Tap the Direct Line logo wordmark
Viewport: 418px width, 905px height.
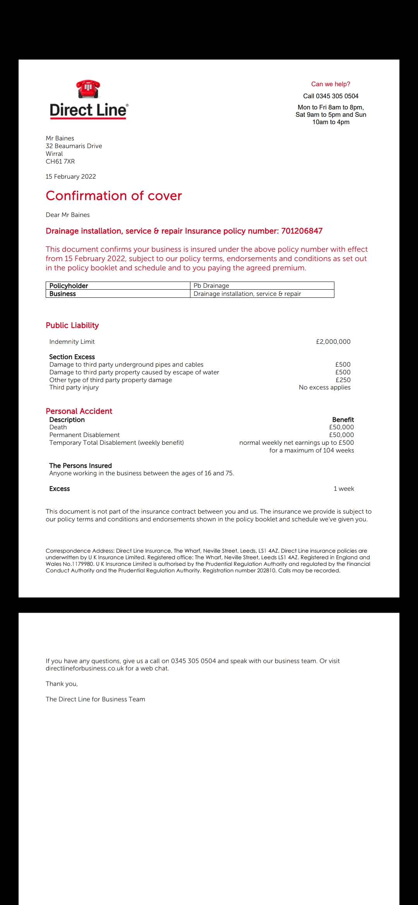89,110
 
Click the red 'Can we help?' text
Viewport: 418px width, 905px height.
331,84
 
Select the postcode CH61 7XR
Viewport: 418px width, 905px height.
60,161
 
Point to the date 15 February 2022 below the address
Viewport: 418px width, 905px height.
71,176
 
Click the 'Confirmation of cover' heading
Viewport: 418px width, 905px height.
114,196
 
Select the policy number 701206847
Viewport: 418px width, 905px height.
302,231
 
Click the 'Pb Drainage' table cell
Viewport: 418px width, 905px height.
211,285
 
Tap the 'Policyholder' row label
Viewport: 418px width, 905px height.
69,285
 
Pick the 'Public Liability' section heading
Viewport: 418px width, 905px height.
72,325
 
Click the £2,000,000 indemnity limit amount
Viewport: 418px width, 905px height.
333,342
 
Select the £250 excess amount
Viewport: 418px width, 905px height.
343,380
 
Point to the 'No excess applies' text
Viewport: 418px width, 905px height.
325,387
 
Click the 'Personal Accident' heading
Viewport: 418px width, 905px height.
79,411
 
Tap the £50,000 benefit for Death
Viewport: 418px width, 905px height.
341,427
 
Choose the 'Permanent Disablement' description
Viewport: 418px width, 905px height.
84,435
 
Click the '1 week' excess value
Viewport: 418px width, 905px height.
344,488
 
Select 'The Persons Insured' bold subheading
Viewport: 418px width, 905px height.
81,466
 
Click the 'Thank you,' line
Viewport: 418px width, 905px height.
62,684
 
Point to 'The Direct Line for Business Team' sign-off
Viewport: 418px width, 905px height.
96,699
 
